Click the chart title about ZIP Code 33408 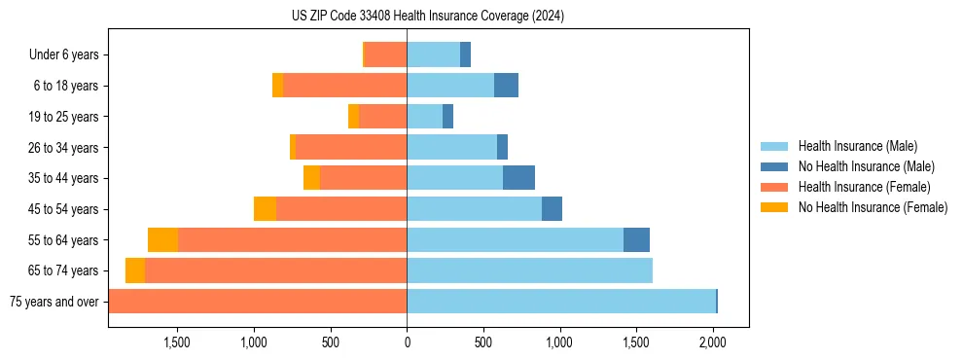pyautogui.click(x=427, y=17)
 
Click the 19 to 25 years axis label pyautogui.click(x=65, y=117)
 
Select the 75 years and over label pyautogui.click(x=53, y=302)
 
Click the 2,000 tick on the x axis pyautogui.click(x=713, y=342)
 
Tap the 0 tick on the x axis pyautogui.click(x=407, y=342)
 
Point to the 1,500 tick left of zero pyautogui.click(x=177, y=342)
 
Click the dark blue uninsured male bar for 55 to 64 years pyautogui.click(x=636, y=239)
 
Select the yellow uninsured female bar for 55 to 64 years pyautogui.click(x=162, y=239)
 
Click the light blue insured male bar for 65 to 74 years pyautogui.click(x=529, y=270)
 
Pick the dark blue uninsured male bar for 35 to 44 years pyautogui.click(x=518, y=178)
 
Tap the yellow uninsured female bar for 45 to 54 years pyautogui.click(x=265, y=209)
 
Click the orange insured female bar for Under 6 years pyautogui.click(x=385, y=55)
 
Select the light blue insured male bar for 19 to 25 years pyautogui.click(x=424, y=117)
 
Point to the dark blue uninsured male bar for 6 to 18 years pyautogui.click(x=506, y=86)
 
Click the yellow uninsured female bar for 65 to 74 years pyautogui.click(x=135, y=270)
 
